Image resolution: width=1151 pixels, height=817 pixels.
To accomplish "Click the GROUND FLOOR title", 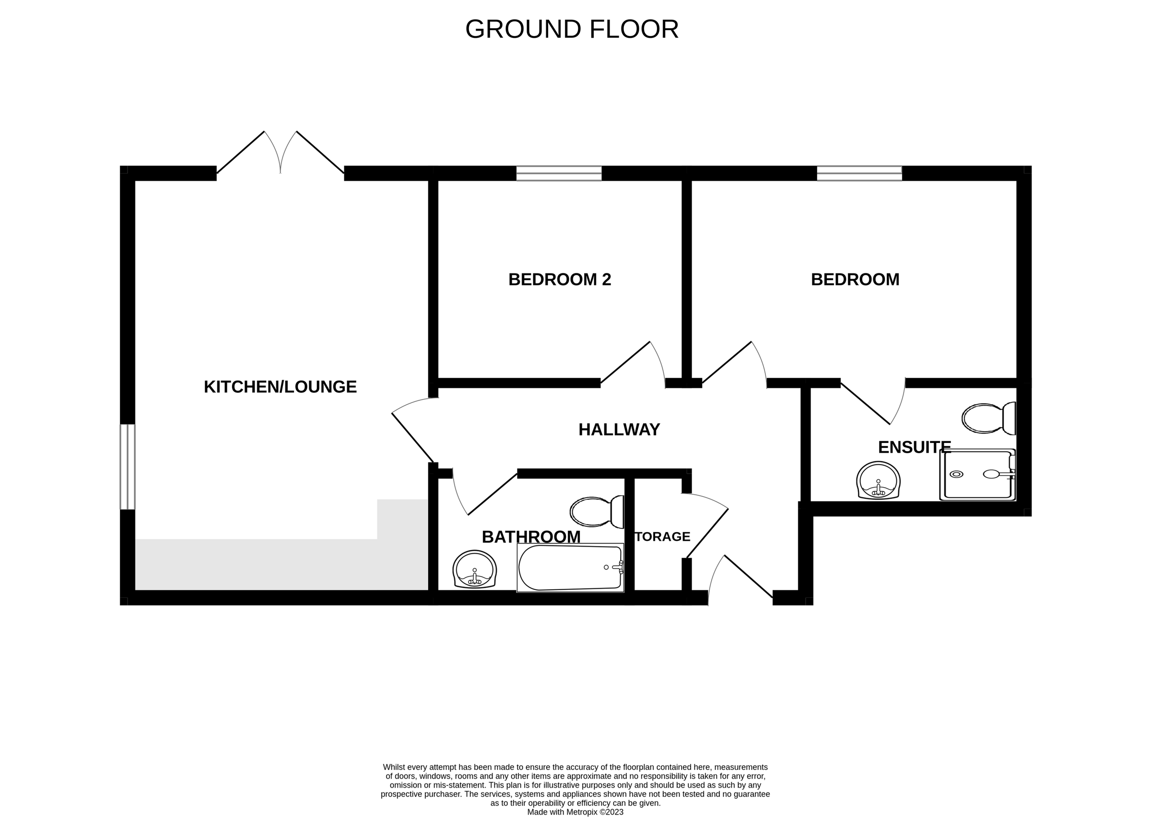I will tap(572, 29).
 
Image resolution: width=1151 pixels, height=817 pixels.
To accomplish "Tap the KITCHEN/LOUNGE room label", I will tap(280, 387).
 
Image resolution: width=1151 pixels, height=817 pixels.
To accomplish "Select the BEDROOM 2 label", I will tap(559, 280).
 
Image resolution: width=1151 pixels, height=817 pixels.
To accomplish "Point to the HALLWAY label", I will tap(619, 430).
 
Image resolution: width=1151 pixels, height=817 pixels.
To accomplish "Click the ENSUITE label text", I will tap(914, 447).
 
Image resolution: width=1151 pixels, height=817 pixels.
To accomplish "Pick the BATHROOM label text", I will tap(531, 537).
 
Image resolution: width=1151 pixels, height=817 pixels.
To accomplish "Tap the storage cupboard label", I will tap(662, 537).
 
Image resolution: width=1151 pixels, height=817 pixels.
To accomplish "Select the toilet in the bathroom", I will tap(597, 512).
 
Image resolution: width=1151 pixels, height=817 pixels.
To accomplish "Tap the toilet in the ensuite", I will tap(988, 418).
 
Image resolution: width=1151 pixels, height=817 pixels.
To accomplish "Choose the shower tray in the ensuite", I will tap(977, 475).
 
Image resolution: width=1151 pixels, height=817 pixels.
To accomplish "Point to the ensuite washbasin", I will tap(878, 481).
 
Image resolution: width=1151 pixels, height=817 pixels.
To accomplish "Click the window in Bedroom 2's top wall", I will tap(559, 173).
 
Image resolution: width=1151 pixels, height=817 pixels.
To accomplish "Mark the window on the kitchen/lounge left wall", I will tap(127, 467).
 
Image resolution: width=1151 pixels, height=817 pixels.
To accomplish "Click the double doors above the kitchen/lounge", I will tap(280, 153).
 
